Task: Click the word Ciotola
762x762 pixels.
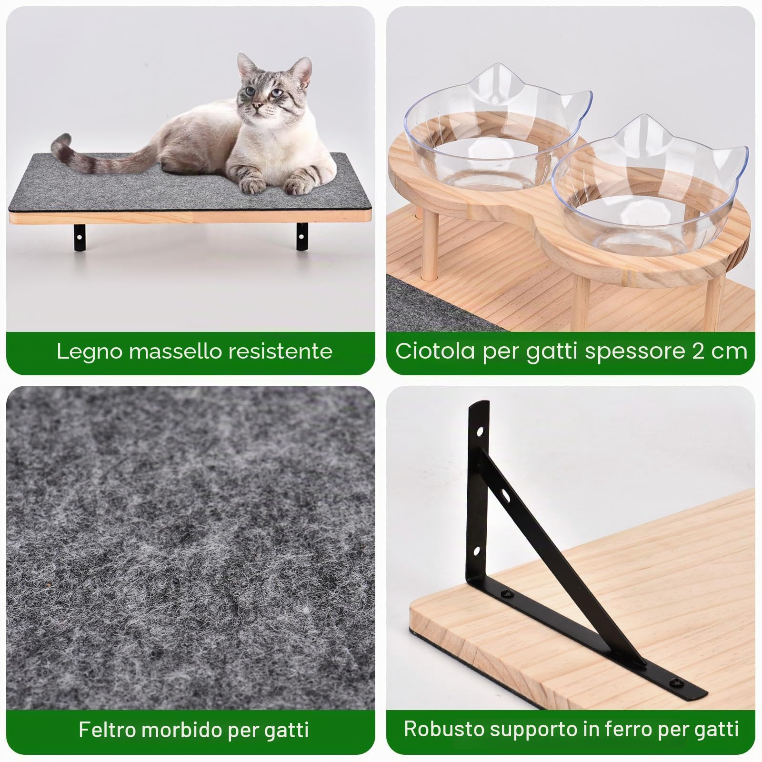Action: click(x=435, y=351)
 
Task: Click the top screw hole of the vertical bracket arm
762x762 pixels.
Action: click(x=480, y=433)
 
